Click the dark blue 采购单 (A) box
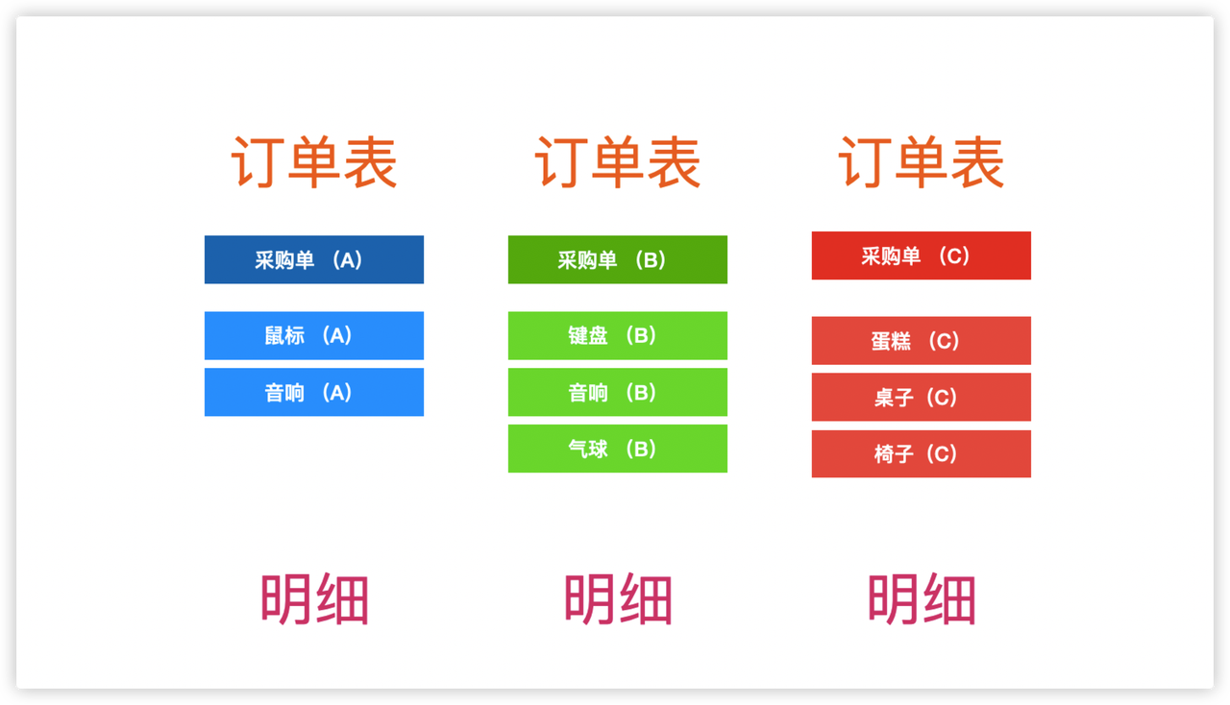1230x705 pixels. pos(314,259)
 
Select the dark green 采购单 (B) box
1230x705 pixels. pos(618,259)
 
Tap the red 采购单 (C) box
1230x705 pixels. pos(922,255)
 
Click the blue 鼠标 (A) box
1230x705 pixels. pos(314,335)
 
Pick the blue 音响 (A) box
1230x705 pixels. pos(314,392)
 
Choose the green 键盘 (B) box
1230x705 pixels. pos(618,335)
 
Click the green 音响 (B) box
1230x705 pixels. pos(618,392)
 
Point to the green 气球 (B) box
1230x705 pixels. pos(618,449)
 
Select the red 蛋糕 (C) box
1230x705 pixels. pos(922,340)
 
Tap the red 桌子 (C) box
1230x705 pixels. pos(922,397)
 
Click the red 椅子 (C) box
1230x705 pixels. pos(922,453)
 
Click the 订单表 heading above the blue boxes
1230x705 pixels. pos(314,162)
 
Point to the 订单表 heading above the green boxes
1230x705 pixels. pos(618,162)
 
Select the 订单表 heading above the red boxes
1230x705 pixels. pos(922,162)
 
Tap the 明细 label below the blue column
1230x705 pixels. pos(314,599)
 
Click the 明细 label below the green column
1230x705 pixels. pos(618,599)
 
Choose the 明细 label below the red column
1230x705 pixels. pos(922,599)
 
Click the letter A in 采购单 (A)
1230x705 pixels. pos(347,260)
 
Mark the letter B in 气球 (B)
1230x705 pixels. pos(641,450)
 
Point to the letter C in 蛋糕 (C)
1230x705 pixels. pos(944,341)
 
